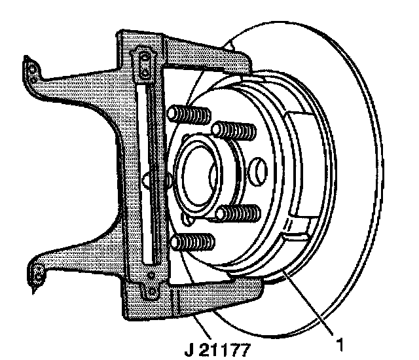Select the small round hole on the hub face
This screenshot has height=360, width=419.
(x=259, y=171)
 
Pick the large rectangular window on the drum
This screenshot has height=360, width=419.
(x=304, y=164)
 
